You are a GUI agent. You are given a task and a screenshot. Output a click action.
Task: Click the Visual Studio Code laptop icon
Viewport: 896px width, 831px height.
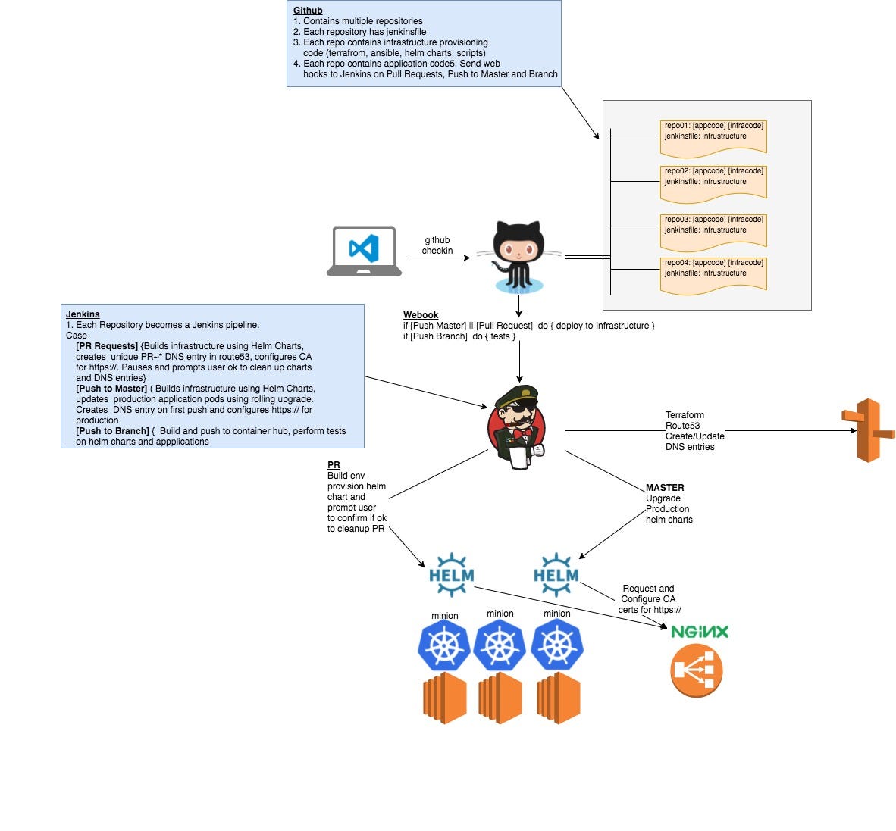364,251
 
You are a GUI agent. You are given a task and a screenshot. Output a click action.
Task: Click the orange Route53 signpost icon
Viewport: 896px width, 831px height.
868,430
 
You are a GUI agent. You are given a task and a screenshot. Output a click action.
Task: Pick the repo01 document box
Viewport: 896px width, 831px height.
713,136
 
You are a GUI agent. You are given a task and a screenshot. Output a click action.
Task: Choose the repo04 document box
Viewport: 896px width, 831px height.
713,273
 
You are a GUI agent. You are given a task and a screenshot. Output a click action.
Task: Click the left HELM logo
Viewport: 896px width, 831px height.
451,575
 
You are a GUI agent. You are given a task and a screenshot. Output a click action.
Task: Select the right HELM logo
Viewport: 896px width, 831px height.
556,575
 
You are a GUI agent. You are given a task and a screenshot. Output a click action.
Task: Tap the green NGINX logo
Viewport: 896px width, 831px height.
699,632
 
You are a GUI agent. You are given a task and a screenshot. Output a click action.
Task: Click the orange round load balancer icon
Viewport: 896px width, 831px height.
696,671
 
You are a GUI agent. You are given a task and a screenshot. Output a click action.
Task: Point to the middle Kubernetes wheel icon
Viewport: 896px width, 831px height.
500,645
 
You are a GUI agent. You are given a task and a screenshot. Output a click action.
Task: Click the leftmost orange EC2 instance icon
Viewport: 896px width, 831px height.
444,698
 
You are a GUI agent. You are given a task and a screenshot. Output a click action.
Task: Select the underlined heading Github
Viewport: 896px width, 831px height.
308,11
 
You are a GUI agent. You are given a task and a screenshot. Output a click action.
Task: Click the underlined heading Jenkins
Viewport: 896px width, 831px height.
83,314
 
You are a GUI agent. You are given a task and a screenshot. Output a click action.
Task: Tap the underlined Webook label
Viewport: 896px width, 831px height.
421,315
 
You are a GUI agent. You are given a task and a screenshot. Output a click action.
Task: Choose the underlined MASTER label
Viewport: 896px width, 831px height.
665,488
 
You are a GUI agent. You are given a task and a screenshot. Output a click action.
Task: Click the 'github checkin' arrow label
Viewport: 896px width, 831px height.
437,245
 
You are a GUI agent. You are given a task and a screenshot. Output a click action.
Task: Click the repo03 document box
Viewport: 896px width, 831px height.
713,230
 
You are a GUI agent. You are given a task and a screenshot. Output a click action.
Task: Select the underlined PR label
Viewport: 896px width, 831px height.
334,465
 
